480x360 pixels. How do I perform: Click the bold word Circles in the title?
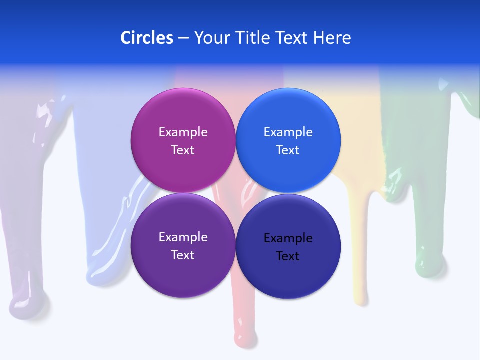(147, 38)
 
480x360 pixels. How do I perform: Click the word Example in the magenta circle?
(183, 132)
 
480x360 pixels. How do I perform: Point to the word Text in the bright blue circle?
(288, 150)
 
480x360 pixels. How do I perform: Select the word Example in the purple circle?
(183, 237)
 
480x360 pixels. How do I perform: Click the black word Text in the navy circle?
(288, 256)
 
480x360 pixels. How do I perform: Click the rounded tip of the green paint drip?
(427, 263)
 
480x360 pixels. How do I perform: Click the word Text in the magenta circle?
(183, 150)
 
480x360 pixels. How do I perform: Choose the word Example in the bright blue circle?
(288, 132)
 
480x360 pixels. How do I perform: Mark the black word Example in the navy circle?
(288, 238)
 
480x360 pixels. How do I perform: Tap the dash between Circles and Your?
(183, 38)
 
